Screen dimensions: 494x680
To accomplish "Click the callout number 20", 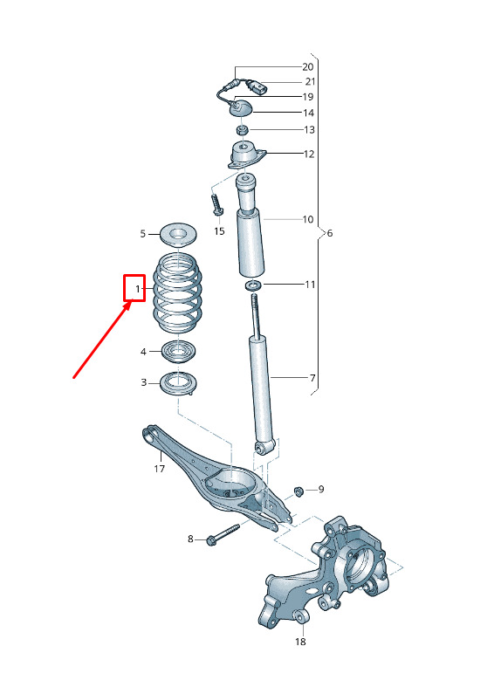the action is coord(307,67).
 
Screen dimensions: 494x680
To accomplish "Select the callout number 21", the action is coord(310,81).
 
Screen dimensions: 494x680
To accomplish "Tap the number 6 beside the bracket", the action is coord(330,233).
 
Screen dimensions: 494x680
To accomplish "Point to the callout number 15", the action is coord(219,231).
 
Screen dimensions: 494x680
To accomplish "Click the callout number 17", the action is coord(159,469).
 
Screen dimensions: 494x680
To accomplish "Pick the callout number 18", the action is coord(300,642).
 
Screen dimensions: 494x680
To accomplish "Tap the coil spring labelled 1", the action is coord(177,293).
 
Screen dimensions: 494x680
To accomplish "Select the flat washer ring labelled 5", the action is coord(179,236).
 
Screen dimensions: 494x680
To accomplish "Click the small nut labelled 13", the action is coord(243,130).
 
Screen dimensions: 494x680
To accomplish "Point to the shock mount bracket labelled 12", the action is coord(247,155).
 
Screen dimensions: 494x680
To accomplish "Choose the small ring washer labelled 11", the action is coord(253,285).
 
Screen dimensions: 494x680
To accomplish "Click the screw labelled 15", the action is coord(216,204).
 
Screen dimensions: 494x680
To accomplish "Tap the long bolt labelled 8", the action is coord(223,535).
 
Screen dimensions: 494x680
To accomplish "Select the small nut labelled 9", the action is coord(298,491).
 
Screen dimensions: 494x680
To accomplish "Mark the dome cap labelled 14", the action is coord(241,106).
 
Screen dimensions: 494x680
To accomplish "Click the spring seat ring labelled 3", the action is coord(178,384).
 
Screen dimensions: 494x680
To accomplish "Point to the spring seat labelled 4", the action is coord(178,352).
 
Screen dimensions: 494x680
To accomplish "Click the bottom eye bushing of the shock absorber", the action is coord(264,447).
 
